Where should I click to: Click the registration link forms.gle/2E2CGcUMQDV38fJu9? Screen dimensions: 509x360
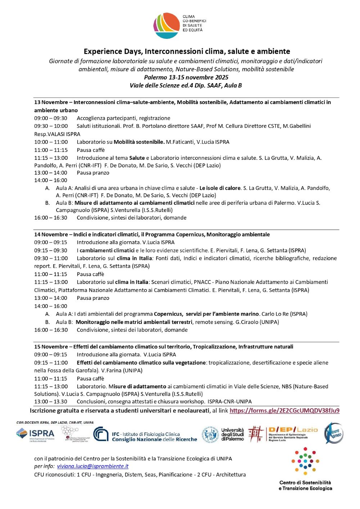(284, 410)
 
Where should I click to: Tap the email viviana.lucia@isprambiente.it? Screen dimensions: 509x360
(93, 466)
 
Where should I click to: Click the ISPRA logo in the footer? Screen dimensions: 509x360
(35, 434)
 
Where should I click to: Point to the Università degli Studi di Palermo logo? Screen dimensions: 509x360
(223, 434)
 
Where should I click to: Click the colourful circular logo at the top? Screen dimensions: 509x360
(166, 26)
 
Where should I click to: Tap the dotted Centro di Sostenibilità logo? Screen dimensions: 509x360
(305, 461)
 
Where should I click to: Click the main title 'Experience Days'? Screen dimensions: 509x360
(187, 51)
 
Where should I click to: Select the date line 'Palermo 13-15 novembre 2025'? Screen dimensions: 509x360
(186, 77)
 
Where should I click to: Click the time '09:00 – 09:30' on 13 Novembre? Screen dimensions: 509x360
(51, 118)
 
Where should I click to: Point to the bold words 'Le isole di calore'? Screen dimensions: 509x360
(220, 188)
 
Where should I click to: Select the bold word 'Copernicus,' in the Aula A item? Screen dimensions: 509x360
(168, 314)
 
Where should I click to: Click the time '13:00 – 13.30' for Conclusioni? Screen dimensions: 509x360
(51, 401)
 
